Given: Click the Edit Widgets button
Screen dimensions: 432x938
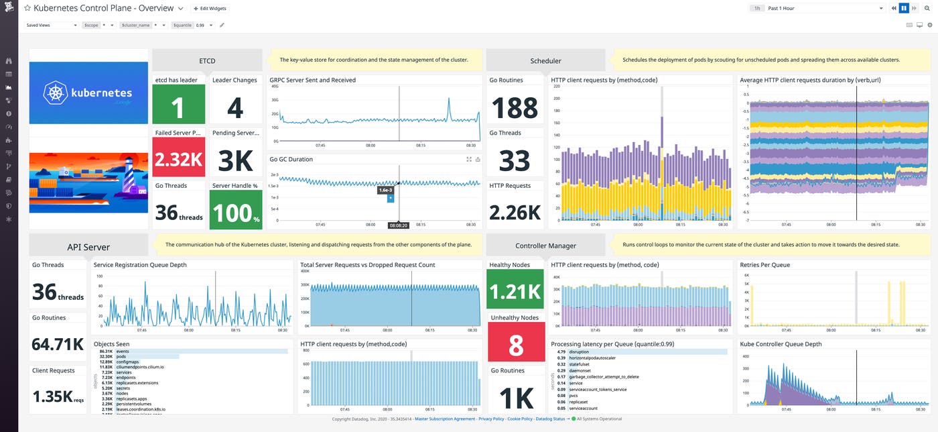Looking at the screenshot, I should pyautogui.click(x=210, y=9).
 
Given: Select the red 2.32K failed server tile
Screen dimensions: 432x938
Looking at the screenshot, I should pyautogui.click(x=178, y=158).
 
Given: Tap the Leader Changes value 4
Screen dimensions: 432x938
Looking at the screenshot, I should pyautogui.click(x=234, y=106).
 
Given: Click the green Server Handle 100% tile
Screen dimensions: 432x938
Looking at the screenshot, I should pyautogui.click(x=234, y=211).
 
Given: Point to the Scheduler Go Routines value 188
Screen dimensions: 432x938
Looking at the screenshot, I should pyautogui.click(x=514, y=107).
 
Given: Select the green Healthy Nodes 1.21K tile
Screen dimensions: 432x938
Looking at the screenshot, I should pyautogui.click(x=515, y=290).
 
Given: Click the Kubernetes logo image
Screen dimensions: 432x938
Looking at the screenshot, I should pyautogui.click(x=88, y=93).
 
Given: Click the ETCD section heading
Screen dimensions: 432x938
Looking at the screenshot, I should pyautogui.click(x=207, y=60).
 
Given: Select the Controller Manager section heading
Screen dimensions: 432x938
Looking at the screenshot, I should pyautogui.click(x=545, y=246).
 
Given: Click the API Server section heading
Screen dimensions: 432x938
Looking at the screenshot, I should pyautogui.click(x=88, y=247).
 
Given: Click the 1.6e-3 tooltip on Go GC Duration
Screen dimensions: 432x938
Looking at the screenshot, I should pyautogui.click(x=385, y=190).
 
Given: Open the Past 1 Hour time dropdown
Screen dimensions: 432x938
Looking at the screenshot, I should pyautogui.click(x=825, y=9).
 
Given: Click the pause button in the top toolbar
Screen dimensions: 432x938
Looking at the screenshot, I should pyautogui.click(x=903, y=8).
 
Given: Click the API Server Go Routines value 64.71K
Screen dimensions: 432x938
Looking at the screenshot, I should pyautogui.click(x=58, y=345).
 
